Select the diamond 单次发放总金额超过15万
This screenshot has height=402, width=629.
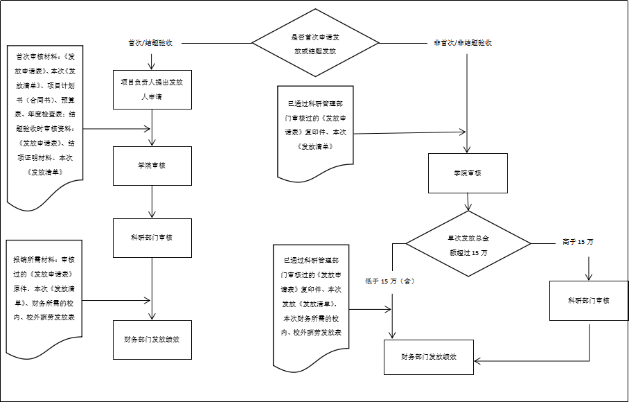pyautogui.click(x=468, y=244)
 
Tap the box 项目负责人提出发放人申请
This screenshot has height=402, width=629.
pyautogui.click(x=152, y=89)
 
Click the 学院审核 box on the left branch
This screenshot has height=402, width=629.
pyautogui.click(x=152, y=166)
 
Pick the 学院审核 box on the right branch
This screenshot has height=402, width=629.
pyautogui.click(x=468, y=173)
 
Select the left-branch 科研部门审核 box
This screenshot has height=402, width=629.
pyautogui.click(x=152, y=238)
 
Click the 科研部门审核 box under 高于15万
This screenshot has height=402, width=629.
pyautogui.click(x=588, y=300)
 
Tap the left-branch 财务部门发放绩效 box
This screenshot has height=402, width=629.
pyautogui.click(x=152, y=340)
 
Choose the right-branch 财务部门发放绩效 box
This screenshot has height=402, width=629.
pyautogui.click(x=429, y=358)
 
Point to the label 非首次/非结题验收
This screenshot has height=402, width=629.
pyautogui.click(x=462, y=43)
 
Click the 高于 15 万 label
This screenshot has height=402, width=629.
pyautogui.click(x=578, y=242)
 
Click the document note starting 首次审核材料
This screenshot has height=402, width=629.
pyautogui.click(x=45, y=125)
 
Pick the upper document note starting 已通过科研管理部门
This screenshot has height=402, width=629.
pyautogui.click(x=315, y=128)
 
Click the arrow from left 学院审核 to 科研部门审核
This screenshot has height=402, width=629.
pyautogui.click(x=152, y=202)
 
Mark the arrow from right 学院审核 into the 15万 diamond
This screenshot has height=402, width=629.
pyautogui.click(x=468, y=202)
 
